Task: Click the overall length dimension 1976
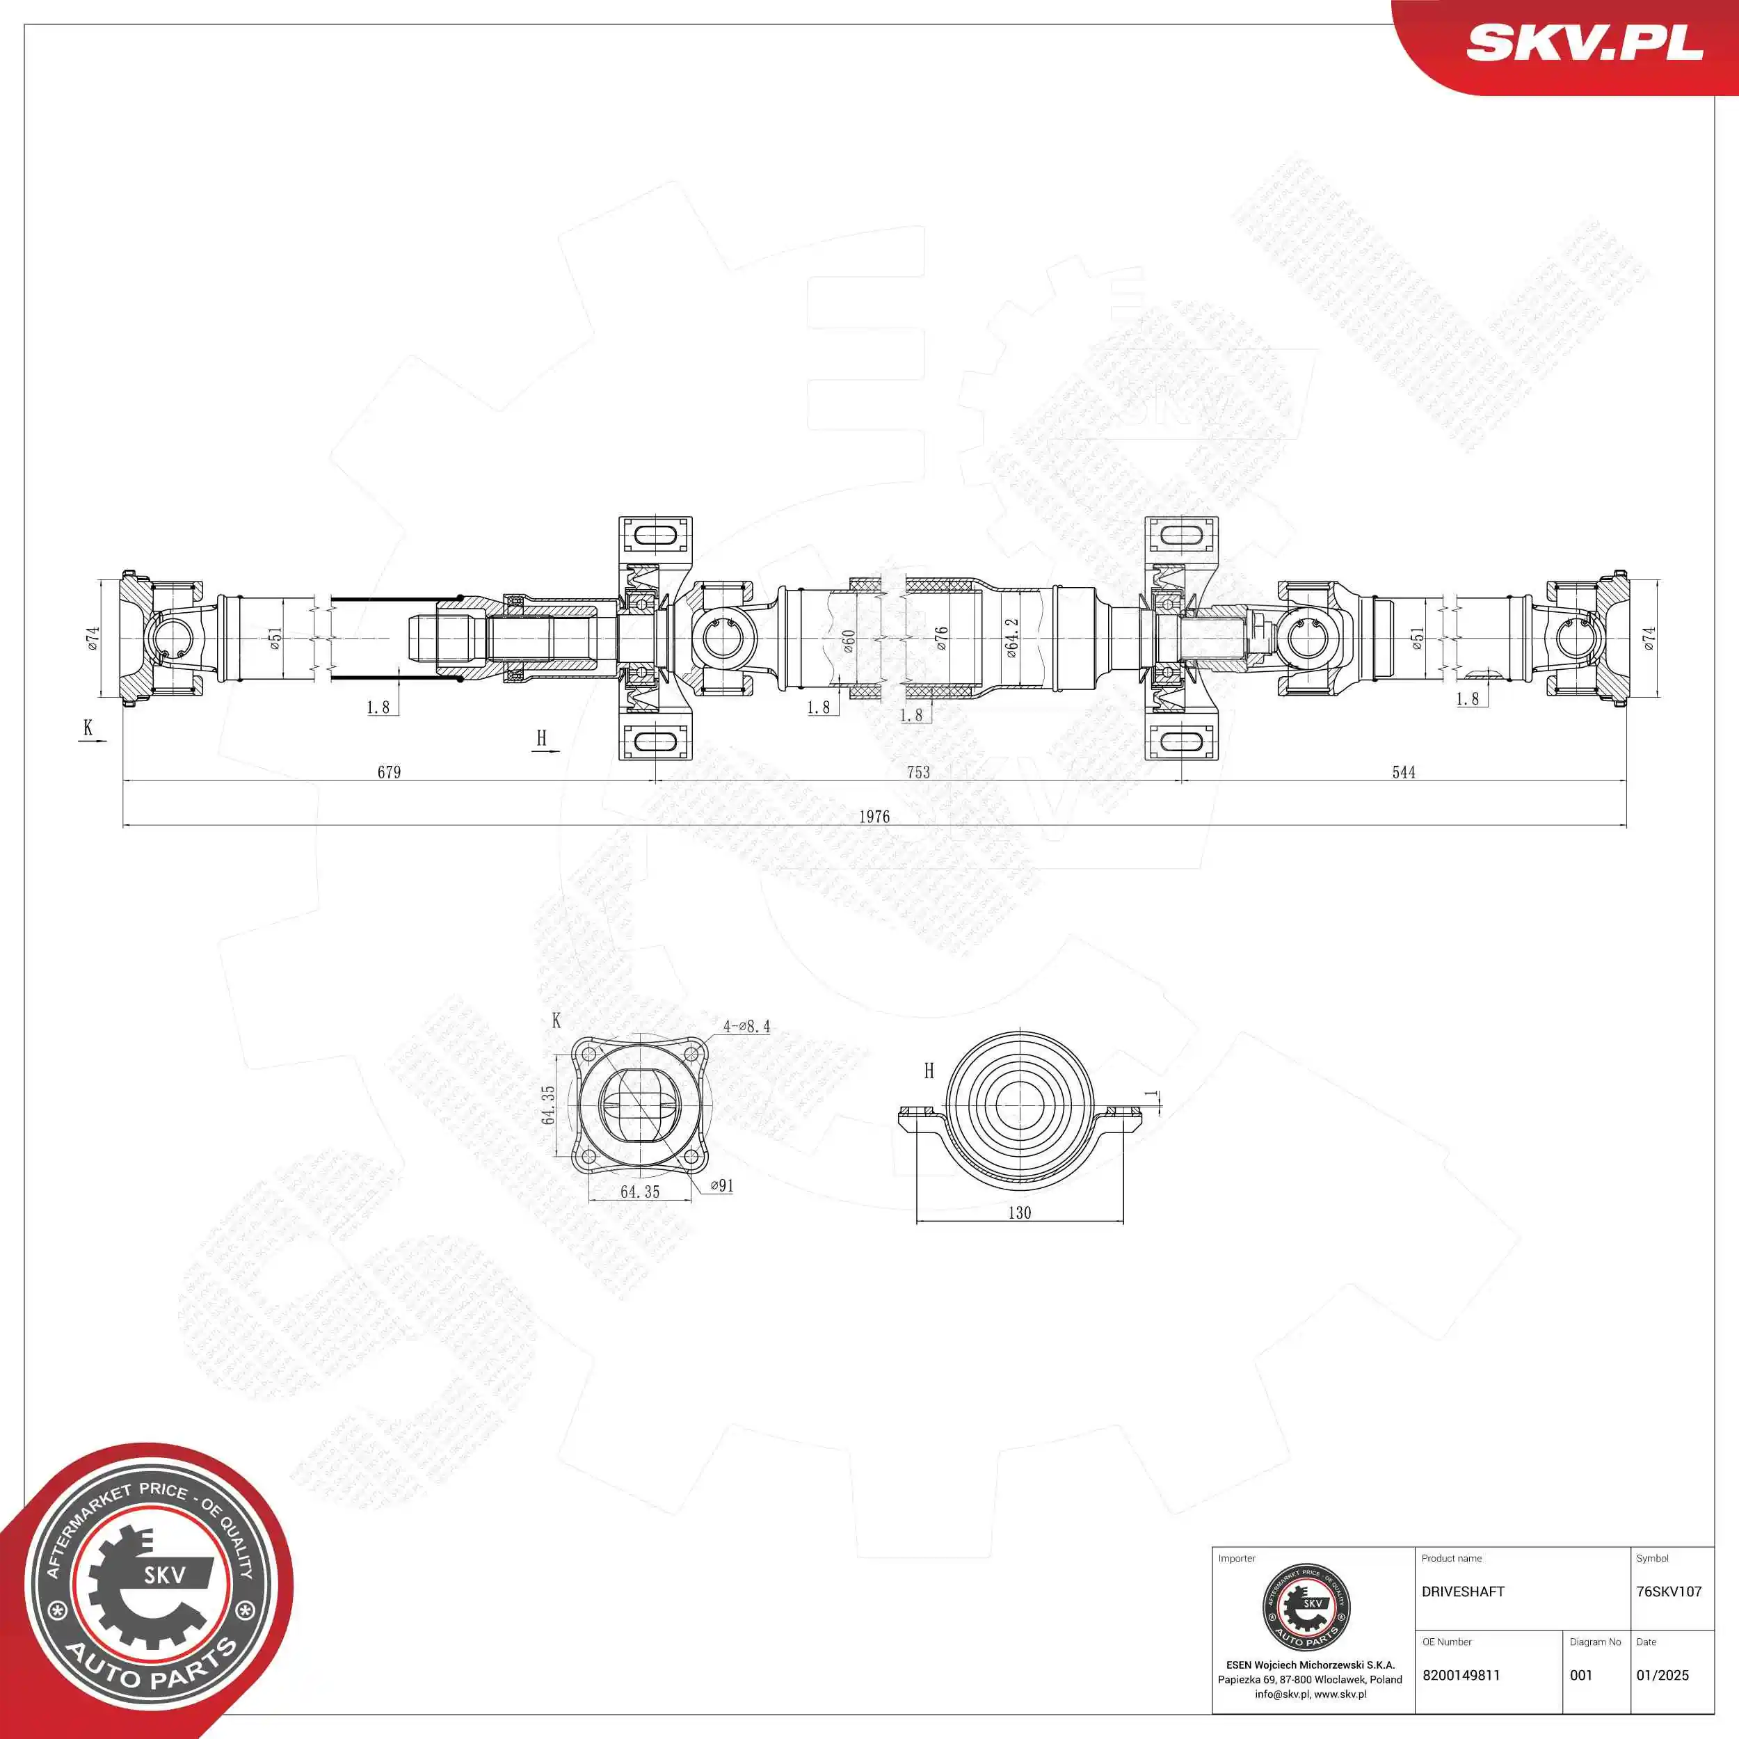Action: (873, 817)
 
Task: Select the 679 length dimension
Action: (389, 772)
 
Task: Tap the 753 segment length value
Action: (918, 772)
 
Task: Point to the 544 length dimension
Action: (1403, 772)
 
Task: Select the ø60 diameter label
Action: (848, 640)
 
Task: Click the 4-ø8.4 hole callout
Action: (746, 1026)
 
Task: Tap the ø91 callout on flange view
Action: (722, 1186)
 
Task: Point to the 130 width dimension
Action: (1019, 1213)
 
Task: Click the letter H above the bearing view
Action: (929, 1071)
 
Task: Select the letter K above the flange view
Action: (556, 1020)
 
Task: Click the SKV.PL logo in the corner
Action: (1584, 43)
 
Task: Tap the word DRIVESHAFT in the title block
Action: (1463, 1592)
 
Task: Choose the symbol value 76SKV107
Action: (1669, 1592)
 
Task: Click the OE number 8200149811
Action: (1461, 1675)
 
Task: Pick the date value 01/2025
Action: (1662, 1675)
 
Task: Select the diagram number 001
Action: (1580, 1675)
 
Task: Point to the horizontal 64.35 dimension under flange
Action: (640, 1192)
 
